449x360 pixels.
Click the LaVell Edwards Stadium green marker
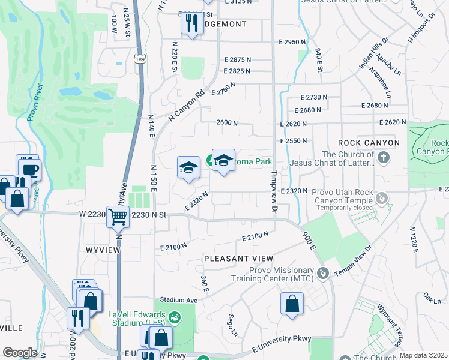click(175, 316)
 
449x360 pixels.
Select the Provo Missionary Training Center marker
click(324, 274)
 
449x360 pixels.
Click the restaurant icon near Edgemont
click(191, 23)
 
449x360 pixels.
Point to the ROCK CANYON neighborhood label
click(369, 143)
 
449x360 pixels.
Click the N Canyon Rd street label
click(187, 107)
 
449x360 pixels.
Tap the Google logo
click(20, 353)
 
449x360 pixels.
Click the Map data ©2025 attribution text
click(423, 355)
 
